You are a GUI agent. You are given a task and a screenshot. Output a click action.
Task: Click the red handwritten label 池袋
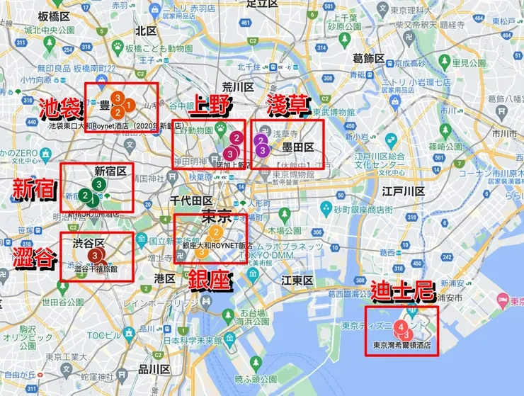tap(60, 110)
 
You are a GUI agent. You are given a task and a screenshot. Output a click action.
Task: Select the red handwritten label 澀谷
tap(35, 259)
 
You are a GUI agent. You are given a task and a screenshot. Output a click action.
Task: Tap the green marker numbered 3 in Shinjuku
tap(98, 185)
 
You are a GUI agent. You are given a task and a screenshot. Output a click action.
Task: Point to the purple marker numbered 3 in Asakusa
tap(263, 150)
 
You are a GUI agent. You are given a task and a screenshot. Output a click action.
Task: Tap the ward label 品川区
tap(153, 369)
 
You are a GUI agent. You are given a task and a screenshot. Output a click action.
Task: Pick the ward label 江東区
tap(297, 281)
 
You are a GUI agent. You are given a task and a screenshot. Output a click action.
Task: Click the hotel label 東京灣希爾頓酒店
tap(401, 347)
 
